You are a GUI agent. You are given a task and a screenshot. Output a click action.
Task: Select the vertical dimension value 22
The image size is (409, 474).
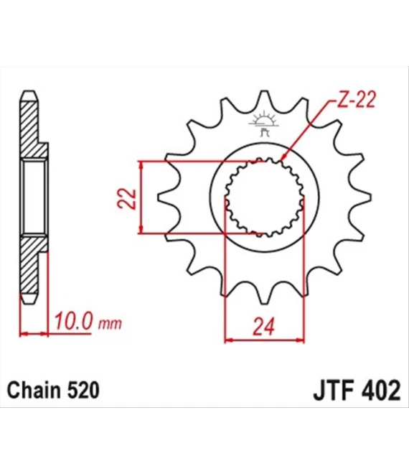(x=126, y=197)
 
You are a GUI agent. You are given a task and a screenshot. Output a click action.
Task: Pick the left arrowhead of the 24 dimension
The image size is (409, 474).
(x=229, y=338)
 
